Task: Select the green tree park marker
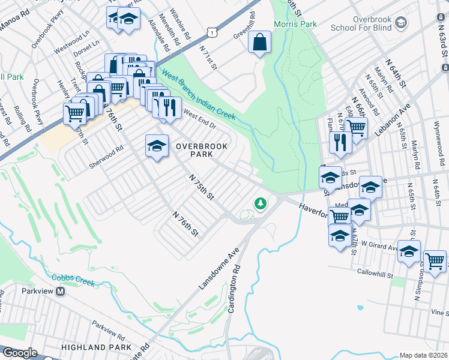(x=261, y=204)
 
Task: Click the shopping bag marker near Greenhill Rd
(x=259, y=43)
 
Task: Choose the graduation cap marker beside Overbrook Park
(x=157, y=146)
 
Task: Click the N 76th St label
(x=185, y=223)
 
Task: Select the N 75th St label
(x=202, y=187)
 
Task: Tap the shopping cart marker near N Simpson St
(x=435, y=261)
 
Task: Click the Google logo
(x=20, y=353)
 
